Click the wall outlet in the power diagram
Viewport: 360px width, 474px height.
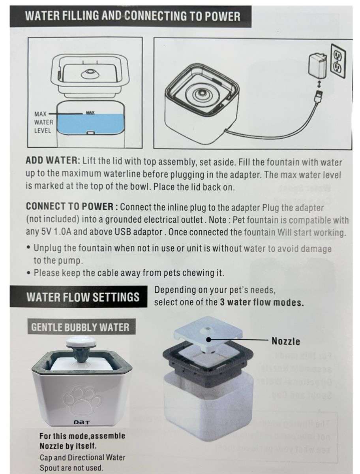pyautogui.click(x=338, y=61)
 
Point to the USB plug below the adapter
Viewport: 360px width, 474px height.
pyautogui.click(x=319, y=96)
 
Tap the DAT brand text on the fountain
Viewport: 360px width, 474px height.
pyautogui.click(x=82, y=422)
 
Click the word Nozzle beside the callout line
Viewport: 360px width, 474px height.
pyautogui.click(x=285, y=341)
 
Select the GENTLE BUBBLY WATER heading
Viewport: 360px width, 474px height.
pyautogui.click(x=80, y=327)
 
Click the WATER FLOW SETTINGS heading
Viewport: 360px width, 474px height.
pyautogui.click(x=83, y=297)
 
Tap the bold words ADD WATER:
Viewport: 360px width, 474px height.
pyautogui.click(x=53, y=162)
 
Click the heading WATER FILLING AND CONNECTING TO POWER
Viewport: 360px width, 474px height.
pyautogui.click(x=132, y=16)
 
